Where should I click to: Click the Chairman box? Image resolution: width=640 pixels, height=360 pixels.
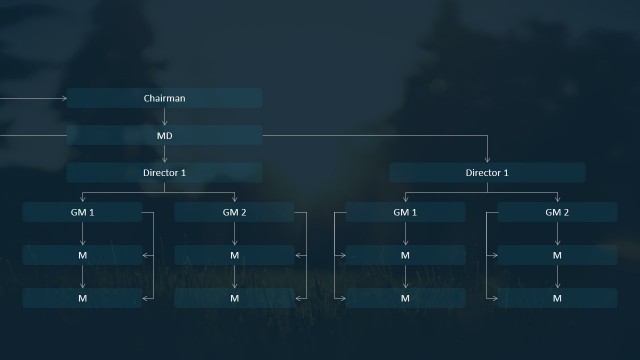click(164, 98)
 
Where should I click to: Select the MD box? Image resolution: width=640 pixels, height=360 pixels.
click(164, 135)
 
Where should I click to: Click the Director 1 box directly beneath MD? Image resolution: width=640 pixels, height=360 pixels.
click(164, 173)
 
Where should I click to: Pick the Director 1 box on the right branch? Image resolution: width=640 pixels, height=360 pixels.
click(487, 173)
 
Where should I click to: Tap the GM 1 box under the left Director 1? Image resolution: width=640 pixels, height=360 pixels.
click(82, 212)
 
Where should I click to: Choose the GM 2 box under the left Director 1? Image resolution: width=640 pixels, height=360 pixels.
click(234, 212)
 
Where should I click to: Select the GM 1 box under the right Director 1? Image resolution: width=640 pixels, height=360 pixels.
click(405, 212)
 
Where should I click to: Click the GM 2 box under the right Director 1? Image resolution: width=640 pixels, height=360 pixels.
click(557, 212)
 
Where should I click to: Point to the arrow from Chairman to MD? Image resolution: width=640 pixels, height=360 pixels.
click(164, 116)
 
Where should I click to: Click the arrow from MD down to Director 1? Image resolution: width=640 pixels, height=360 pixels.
click(164, 154)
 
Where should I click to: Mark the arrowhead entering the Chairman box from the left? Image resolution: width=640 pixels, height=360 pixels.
click(63, 98)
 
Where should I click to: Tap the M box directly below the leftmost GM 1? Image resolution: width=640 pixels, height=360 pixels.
click(82, 255)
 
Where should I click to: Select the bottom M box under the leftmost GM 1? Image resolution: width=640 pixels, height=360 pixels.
click(82, 298)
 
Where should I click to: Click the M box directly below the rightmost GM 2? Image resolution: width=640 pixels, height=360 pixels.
click(557, 255)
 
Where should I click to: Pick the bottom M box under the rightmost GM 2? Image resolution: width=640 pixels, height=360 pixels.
click(557, 298)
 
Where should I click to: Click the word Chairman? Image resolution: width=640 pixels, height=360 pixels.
click(164, 98)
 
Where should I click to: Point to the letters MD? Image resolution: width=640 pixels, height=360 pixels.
click(164, 135)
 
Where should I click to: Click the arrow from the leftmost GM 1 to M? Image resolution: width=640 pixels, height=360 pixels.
click(82, 233)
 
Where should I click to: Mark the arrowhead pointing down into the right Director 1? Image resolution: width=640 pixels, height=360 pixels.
click(487, 159)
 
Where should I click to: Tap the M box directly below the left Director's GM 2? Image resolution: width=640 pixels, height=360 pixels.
click(234, 255)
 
